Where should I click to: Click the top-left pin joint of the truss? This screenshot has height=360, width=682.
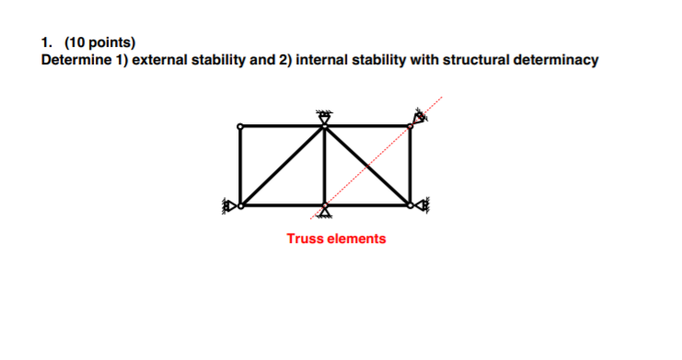click(x=239, y=126)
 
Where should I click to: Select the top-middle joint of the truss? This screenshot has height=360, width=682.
click(x=324, y=126)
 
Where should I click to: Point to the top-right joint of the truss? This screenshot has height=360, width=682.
click(x=410, y=126)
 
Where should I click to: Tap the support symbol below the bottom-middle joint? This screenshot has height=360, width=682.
click(x=324, y=215)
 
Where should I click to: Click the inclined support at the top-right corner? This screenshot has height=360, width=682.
click(x=420, y=117)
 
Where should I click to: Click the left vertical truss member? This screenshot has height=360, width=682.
click(x=239, y=166)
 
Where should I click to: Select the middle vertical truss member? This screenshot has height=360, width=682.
click(x=324, y=166)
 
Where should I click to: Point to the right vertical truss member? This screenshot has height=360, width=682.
click(x=410, y=166)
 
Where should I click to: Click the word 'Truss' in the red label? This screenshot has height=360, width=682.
click(x=303, y=238)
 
